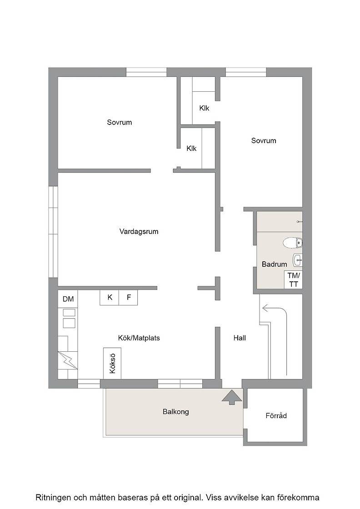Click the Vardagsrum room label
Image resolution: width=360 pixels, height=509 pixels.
[139, 232]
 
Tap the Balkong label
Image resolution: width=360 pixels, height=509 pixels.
[175, 412]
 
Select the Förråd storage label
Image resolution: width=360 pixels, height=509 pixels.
[276, 415]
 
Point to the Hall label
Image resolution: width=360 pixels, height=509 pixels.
[240, 338]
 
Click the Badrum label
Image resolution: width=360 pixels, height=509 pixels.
[274, 264]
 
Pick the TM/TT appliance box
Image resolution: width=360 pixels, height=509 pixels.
[294, 280]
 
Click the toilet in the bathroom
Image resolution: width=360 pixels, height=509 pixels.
[292, 243]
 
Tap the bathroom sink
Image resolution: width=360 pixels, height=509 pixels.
[298, 260]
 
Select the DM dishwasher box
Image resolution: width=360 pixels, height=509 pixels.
[68, 299]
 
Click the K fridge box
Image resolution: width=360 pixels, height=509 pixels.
[110, 297]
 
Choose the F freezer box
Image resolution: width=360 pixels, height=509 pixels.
[128, 297]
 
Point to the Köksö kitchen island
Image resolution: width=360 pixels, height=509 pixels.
[112, 363]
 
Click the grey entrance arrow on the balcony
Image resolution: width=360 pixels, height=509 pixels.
[232, 397]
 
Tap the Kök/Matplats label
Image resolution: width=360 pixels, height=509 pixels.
[139, 338]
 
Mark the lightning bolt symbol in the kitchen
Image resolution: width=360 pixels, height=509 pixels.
[68, 360]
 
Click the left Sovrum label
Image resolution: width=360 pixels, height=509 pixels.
[120, 122]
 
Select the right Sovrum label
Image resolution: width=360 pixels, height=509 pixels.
[264, 140]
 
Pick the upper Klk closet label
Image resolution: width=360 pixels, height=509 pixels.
[204, 108]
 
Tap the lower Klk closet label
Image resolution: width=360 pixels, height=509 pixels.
[191, 148]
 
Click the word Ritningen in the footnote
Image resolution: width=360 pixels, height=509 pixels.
[53, 497]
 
